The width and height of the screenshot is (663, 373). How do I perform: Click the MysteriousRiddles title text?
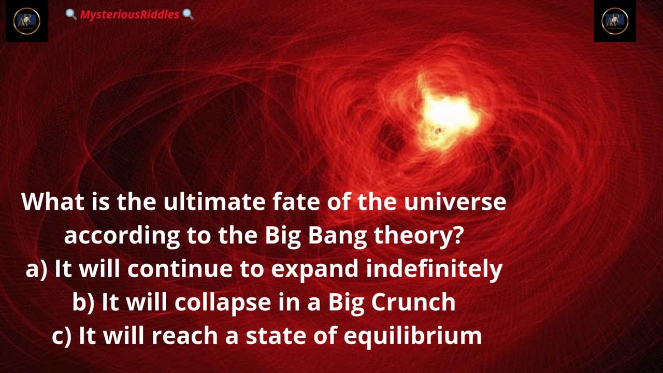click(129, 15)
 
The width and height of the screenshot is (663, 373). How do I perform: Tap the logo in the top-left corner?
click(26, 21)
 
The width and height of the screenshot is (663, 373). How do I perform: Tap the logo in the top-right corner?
click(615, 21)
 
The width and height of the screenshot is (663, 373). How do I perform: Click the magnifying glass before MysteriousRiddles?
click(71, 14)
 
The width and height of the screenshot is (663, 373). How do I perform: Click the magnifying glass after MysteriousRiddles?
click(188, 14)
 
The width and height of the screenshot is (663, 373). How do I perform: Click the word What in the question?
click(53, 202)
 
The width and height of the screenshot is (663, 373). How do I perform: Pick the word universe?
click(455, 202)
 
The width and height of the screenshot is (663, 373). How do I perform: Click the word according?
click(122, 236)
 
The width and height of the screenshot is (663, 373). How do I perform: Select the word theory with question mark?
click(418, 236)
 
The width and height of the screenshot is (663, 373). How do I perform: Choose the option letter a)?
click(36, 269)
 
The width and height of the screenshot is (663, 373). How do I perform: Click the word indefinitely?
click(434, 269)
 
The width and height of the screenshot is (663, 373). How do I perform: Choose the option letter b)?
click(83, 302)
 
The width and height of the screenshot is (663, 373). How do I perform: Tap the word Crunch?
click(413, 302)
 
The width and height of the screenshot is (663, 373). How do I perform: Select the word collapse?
click(223, 302)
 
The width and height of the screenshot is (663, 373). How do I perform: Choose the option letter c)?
click(62, 336)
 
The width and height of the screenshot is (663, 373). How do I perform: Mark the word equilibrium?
click(413, 336)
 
